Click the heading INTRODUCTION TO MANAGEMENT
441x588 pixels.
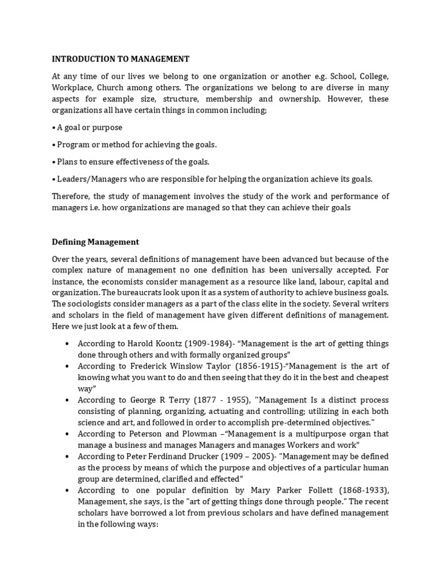coord(121,59)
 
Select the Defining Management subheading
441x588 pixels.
coord(96,242)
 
